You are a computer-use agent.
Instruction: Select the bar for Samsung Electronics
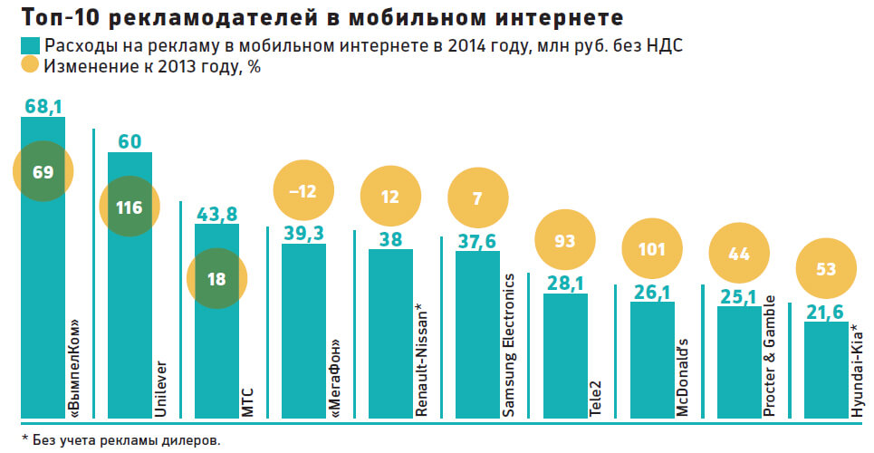point(477,335)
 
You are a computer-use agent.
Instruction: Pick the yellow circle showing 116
point(130,207)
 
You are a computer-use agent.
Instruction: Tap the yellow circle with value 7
point(477,198)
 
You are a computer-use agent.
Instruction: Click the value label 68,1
point(43,108)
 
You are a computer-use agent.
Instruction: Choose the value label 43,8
point(216,214)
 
